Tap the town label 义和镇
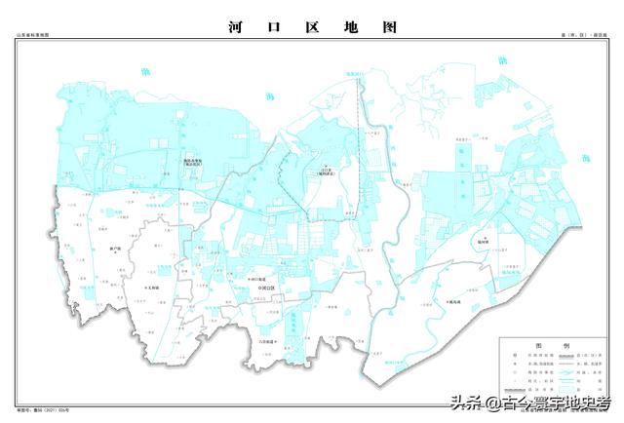tap(150, 288)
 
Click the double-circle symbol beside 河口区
tap(256, 288)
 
